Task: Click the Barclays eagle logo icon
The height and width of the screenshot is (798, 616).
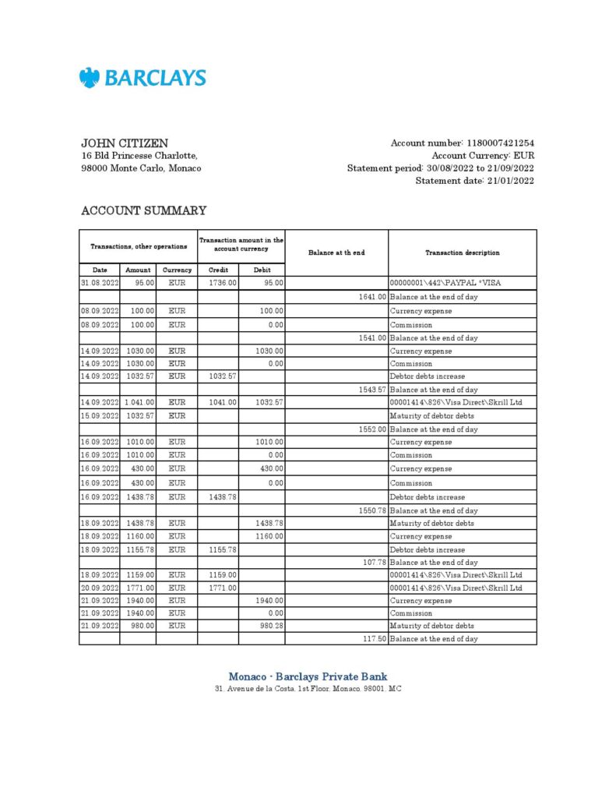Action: [x=90, y=78]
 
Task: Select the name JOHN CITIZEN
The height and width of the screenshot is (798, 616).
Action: [x=125, y=143]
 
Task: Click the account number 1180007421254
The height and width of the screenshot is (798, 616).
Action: [x=499, y=143]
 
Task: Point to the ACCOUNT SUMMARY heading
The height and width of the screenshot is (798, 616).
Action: [x=144, y=210]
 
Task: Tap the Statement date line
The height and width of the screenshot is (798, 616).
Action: [x=474, y=181]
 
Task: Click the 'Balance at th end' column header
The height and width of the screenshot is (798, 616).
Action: [x=336, y=252]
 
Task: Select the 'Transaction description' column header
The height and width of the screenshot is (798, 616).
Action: [x=462, y=252]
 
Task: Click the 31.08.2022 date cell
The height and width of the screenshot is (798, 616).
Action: [x=99, y=284]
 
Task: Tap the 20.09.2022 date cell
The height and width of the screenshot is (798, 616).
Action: [x=99, y=588]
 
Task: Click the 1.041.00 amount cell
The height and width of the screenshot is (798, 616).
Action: [x=138, y=402]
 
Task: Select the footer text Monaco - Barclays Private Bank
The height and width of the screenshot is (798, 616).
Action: [x=308, y=676]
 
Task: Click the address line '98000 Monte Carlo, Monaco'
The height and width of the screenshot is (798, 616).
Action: [x=141, y=168]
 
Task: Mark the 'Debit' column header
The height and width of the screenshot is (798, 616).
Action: [x=262, y=270]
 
